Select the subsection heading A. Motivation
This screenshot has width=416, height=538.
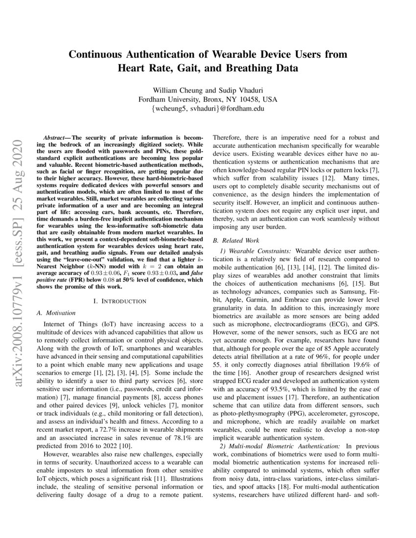coord(56,313)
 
